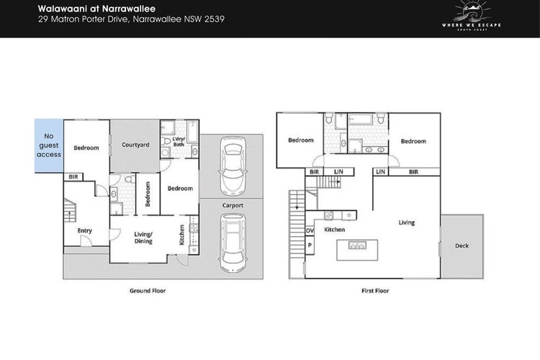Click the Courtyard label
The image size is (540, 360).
135,145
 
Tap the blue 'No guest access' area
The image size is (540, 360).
49,145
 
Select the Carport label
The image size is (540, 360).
233,205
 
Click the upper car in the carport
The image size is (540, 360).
233,166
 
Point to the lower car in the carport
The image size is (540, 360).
233,243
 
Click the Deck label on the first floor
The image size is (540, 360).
462,246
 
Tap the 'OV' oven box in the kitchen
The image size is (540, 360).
310,230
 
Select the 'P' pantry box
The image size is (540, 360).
310,246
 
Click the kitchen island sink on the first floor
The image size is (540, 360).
357,246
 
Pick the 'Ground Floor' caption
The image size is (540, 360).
148,291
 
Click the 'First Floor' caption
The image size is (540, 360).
375,291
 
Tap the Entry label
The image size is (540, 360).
85,230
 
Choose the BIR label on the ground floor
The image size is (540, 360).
73,176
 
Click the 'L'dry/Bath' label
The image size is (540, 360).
179,142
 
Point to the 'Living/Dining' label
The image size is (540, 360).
143,238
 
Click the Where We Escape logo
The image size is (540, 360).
472,16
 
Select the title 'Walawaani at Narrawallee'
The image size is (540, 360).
96,9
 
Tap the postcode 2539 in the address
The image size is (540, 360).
215,19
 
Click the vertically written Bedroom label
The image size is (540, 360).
148,194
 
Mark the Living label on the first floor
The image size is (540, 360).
407,222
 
